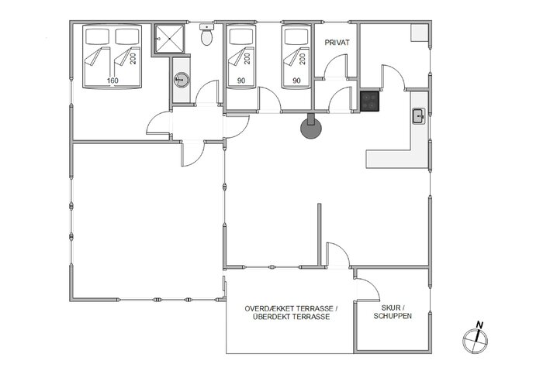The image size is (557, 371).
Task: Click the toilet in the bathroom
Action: (206, 36)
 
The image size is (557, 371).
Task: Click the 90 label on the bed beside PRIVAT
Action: (296, 80)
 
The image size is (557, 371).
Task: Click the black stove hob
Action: (369, 101)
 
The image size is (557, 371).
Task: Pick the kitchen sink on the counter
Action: (418, 116)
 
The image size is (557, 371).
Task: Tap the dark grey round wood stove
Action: (311, 130)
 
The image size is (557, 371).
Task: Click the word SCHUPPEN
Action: (392, 317)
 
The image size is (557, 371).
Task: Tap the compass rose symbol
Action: (474, 338)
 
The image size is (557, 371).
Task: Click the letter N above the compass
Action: (479, 325)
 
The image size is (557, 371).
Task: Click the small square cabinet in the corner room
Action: (420, 33)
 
